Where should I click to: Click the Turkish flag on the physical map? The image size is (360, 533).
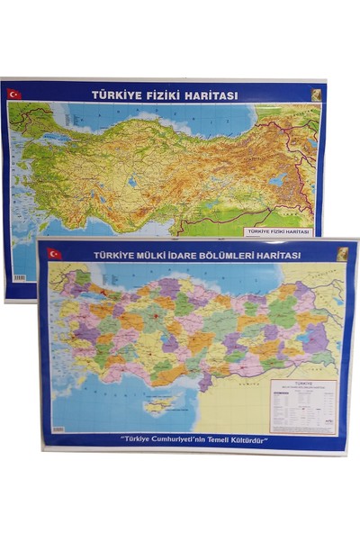pyautogui.click(x=14, y=94)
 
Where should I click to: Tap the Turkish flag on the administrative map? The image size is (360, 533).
pyautogui.click(x=54, y=254)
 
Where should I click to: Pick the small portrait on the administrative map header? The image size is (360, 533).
pyautogui.click(x=342, y=255)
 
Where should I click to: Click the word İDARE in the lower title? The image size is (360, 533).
pyautogui.click(x=184, y=255)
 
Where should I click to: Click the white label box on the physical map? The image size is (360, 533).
pyautogui.click(x=278, y=231)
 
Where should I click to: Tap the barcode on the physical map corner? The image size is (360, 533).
pyautogui.click(x=19, y=277)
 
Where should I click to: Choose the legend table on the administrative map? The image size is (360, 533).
pyautogui.click(x=302, y=406)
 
